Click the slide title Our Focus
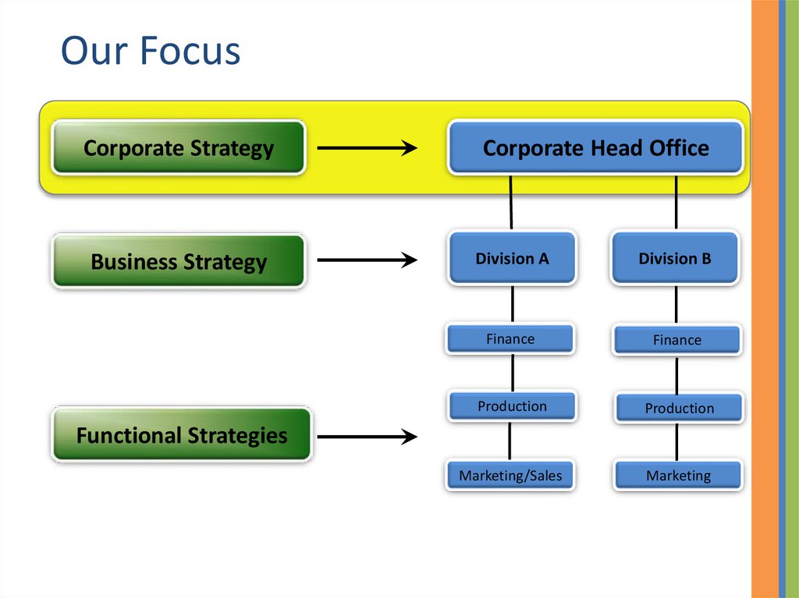[151, 51]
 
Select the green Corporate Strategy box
[179, 147]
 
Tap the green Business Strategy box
[179, 261]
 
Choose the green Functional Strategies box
[181, 434]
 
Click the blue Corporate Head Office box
[595, 147]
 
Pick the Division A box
[512, 258]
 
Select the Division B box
[675, 258]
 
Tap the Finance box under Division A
[510, 339]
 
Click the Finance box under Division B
[676, 340]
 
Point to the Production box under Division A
[512, 406]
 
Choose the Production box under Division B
[679, 408]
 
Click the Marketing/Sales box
[510, 475]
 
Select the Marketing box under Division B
[678, 475]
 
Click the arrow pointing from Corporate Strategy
[368, 147]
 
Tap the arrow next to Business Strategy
[368, 261]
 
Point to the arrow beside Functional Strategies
[368, 436]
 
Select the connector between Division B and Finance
[676, 304]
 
